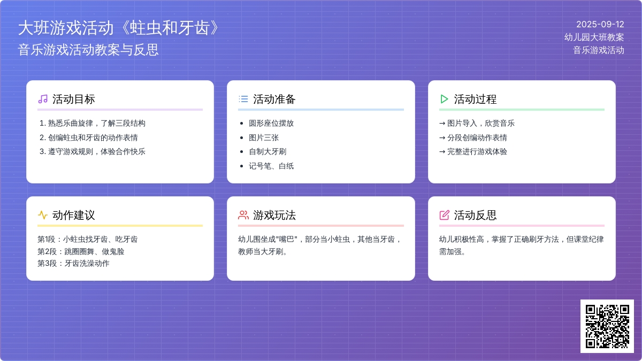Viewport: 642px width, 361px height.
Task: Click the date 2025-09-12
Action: click(600, 25)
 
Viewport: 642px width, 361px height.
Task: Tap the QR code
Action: click(607, 326)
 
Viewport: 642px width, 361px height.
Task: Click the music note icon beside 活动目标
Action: click(43, 99)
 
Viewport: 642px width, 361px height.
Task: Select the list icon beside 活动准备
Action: click(243, 99)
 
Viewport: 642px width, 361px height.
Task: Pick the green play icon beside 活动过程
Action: click(444, 99)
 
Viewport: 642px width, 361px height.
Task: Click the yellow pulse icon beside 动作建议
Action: click(43, 215)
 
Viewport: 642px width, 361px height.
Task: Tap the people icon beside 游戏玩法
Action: click(243, 215)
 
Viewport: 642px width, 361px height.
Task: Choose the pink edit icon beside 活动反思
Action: click(444, 215)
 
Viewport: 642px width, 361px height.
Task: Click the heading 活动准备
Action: click(274, 99)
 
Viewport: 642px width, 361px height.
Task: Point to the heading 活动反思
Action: click(475, 215)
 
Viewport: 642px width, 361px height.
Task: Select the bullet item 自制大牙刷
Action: click(267, 151)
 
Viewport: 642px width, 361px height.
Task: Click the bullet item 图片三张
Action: click(264, 137)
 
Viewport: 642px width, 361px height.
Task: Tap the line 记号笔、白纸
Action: click(271, 166)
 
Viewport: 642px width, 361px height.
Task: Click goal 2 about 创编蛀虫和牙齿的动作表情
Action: click(89, 137)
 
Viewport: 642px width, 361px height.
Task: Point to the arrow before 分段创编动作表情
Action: click(442, 138)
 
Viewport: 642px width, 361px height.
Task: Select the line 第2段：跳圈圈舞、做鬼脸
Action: click(81, 251)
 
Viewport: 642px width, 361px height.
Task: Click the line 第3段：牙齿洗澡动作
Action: click(73, 263)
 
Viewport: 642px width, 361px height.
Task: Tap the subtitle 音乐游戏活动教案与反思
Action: click(88, 50)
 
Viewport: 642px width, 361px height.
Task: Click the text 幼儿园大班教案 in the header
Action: click(594, 37)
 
